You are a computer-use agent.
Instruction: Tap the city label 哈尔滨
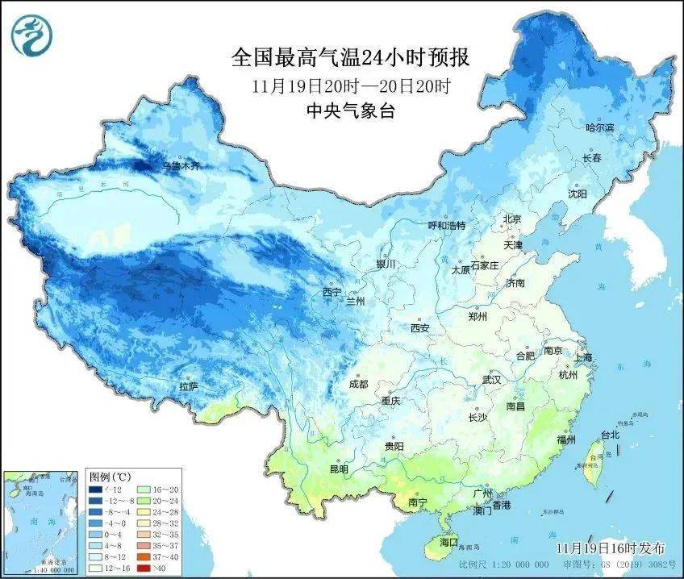point(599,128)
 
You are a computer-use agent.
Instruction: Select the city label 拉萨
point(188,387)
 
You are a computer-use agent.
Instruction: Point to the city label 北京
point(512,219)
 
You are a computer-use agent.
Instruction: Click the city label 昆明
point(338,469)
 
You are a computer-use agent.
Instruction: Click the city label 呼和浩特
point(446,226)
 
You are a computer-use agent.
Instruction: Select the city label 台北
point(609,435)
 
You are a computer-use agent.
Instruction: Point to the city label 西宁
point(332,291)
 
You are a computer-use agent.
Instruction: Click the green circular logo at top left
point(32,34)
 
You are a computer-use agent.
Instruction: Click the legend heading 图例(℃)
point(105,476)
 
